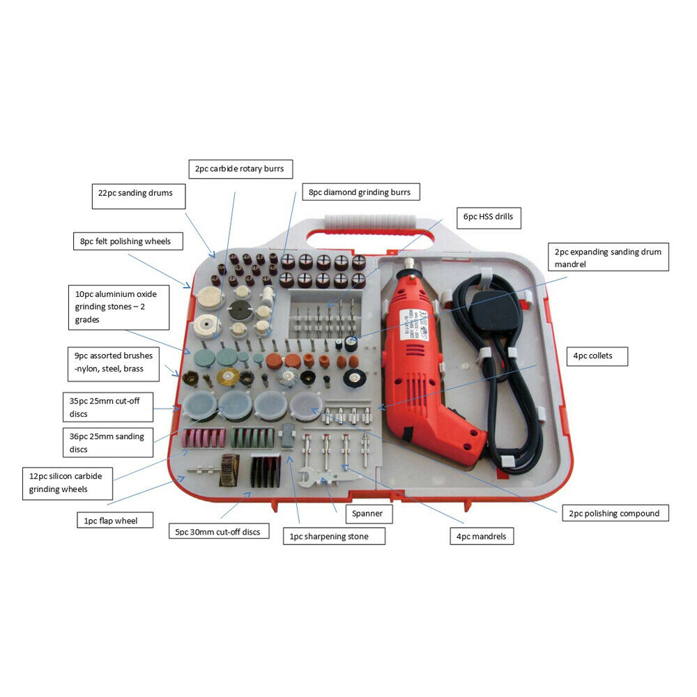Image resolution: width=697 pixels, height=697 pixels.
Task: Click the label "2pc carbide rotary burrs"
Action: [x=240, y=169]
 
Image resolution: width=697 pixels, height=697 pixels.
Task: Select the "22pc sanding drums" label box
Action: [x=139, y=195]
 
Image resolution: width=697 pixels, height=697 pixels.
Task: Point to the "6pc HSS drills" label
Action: [x=488, y=217]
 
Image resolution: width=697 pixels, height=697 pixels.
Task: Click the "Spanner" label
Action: [x=368, y=514]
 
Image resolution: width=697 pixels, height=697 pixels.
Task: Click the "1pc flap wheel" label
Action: [x=114, y=520]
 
